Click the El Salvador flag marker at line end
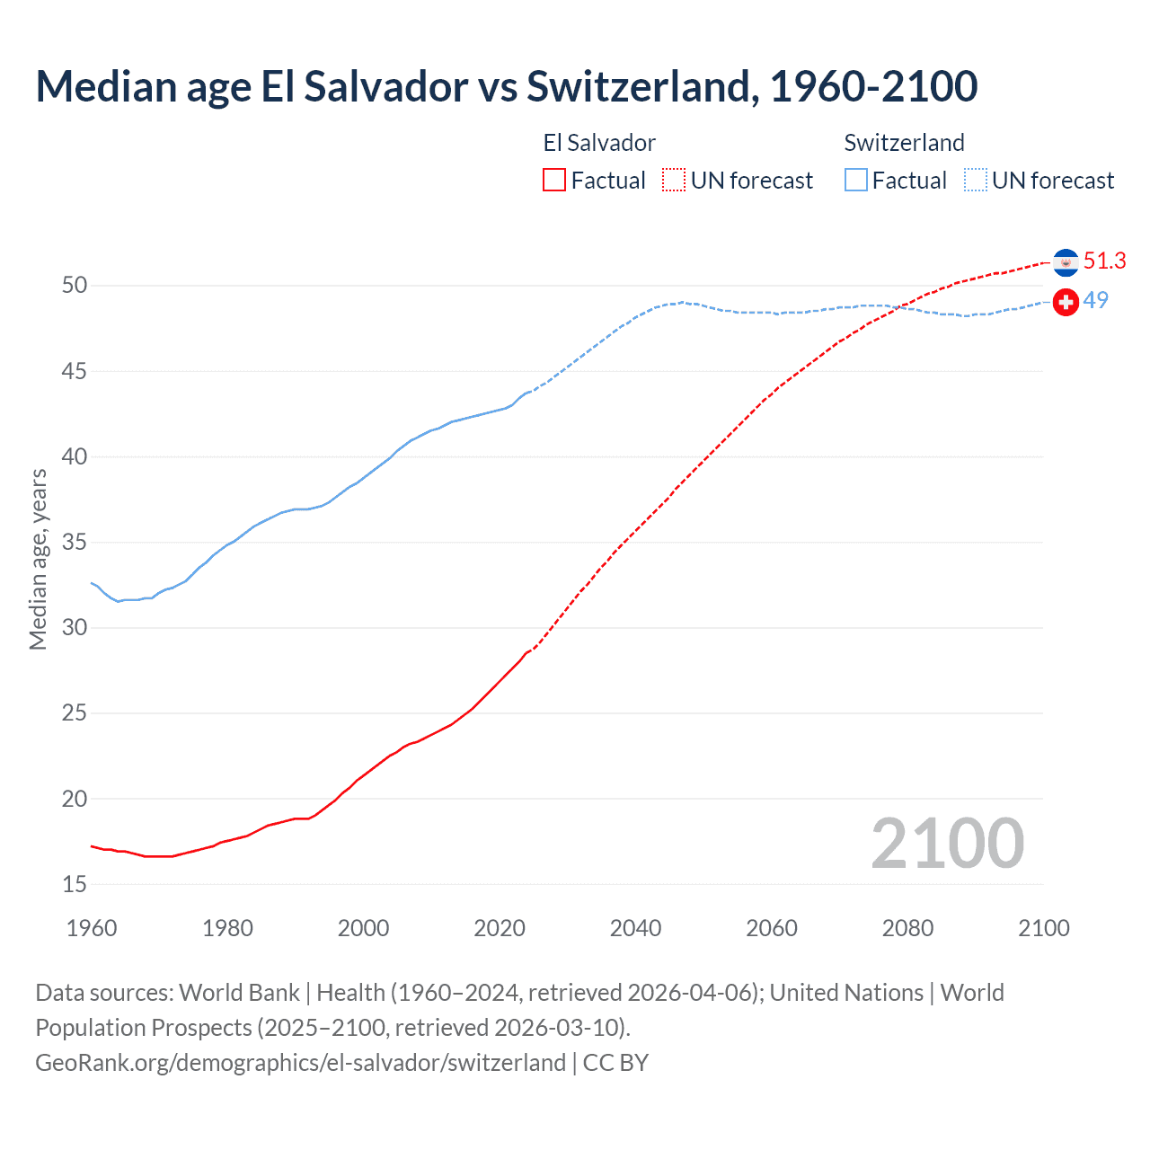coord(1066,262)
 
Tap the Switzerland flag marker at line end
coord(1066,302)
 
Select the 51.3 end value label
coord(1104,261)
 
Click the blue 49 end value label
coord(1095,301)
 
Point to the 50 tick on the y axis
coord(75,286)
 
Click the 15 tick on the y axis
coord(75,885)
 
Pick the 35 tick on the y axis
coord(75,543)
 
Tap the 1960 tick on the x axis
coord(92,928)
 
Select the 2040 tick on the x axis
coord(635,928)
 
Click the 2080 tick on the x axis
coord(907,928)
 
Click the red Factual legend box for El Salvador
coord(554,181)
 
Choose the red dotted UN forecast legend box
coord(674,181)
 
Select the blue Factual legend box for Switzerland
coord(856,181)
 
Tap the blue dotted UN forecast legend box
coord(975,181)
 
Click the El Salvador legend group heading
coord(599,143)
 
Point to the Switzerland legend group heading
coord(904,143)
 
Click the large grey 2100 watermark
coord(947,844)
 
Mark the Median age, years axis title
coord(38,559)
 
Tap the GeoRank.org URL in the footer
coord(300,1063)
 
